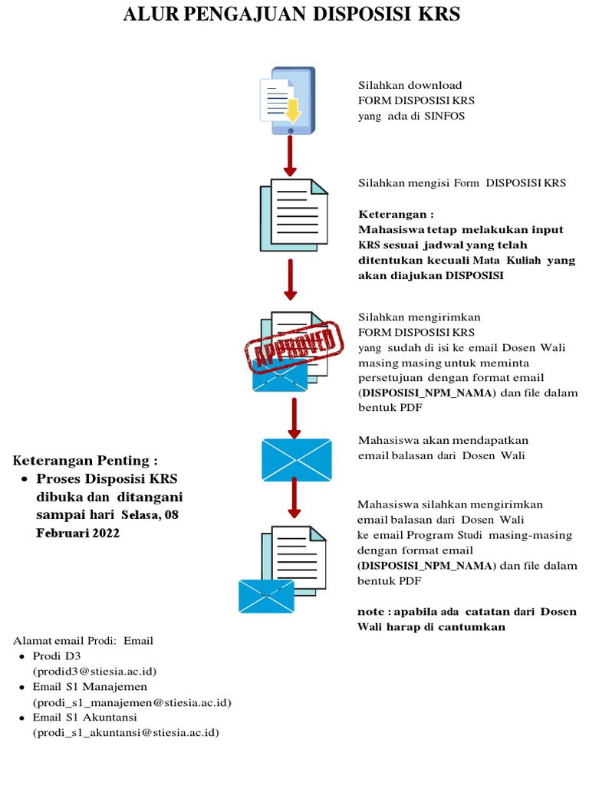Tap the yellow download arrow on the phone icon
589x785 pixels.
pyautogui.click(x=294, y=113)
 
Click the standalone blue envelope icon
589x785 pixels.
pyautogui.click(x=296, y=460)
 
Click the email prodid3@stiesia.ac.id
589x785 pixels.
pyautogui.click(x=94, y=671)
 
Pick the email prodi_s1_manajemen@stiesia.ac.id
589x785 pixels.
pyautogui.click(x=131, y=702)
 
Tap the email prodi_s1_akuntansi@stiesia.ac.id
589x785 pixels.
pyautogui.click(x=125, y=733)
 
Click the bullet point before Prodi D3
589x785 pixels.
pyautogui.click(x=21, y=657)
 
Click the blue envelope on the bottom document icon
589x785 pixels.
pyautogui.click(x=266, y=596)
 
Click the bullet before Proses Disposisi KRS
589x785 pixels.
pyautogui.click(x=24, y=479)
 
